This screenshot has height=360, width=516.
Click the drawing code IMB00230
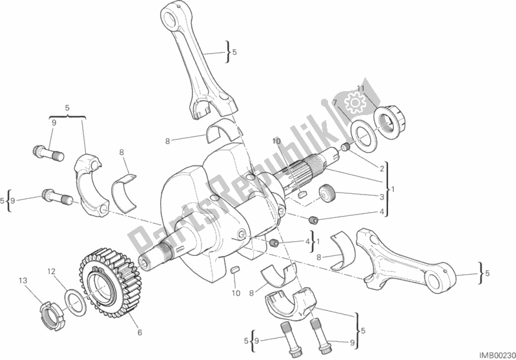497,355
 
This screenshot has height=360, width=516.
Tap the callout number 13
23,281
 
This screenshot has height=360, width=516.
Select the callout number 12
51,271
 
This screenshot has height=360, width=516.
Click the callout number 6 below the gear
140,333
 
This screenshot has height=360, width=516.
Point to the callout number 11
361,89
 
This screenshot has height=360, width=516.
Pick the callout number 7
335,103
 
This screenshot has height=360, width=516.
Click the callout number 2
382,169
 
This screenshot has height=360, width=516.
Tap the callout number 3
382,197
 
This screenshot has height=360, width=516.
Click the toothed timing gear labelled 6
105,280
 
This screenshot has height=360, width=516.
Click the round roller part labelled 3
326,194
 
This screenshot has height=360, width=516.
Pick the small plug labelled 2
345,148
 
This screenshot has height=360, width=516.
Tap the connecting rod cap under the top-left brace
90,186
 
